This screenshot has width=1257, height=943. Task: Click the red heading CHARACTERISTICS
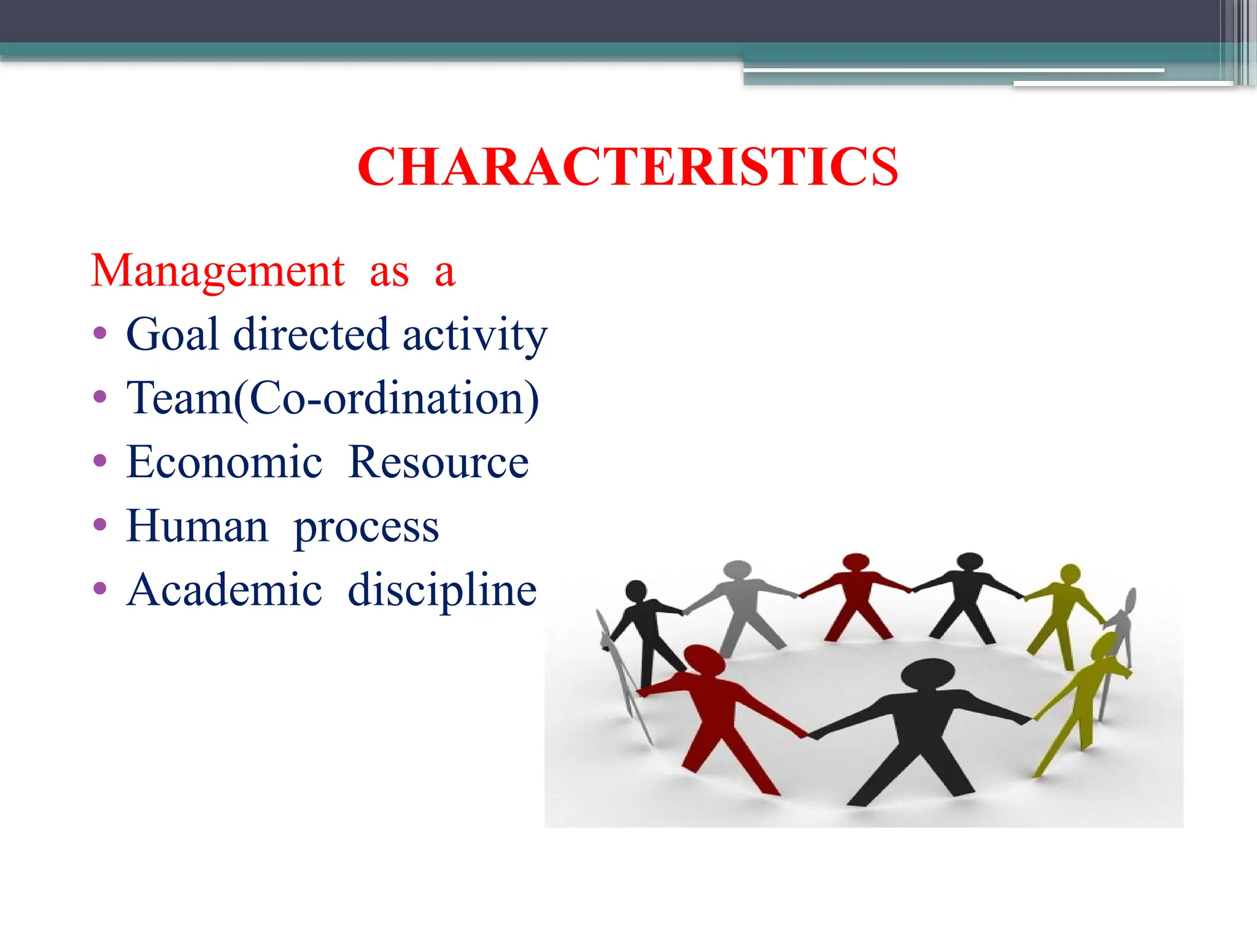[628, 167]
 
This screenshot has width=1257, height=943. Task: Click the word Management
[218, 271]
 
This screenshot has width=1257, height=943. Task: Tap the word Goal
[172, 335]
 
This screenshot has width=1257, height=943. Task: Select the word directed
[311, 335]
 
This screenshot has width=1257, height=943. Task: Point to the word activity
[474, 336]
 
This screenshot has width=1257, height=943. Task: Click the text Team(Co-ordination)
[333, 399]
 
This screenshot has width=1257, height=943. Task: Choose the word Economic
[224, 462]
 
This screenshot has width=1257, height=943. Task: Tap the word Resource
[438, 462]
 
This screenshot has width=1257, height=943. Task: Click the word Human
[197, 526]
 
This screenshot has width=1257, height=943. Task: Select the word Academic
[224, 590]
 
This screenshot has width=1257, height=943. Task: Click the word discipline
[442, 590]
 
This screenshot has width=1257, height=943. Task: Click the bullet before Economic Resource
[100, 461]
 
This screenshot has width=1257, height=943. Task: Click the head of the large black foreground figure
[928, 673]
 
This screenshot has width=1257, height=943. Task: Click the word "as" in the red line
[389, 272]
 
